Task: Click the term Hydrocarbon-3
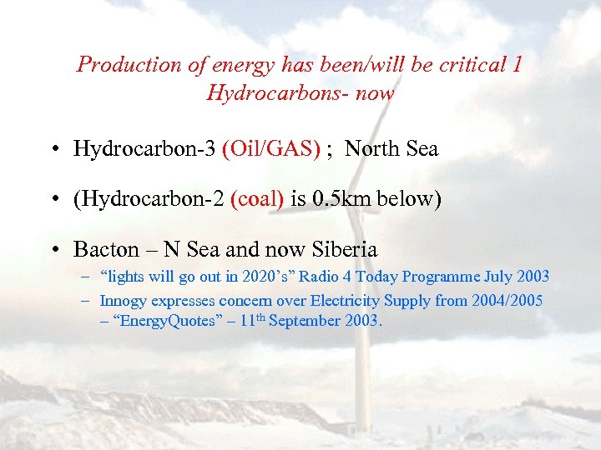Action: pyautogui.click(x=145, y=149)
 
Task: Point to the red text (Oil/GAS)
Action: pyautogui.click(x=271, y=149)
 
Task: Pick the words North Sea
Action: pyautogui.click(x=391, y=149)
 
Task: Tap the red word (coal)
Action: pyautogui.click(x=256, y=199)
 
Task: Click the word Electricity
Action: pyautogui.click(x=334, y=300)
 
